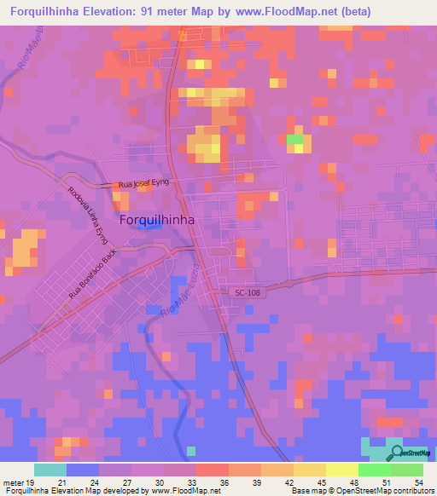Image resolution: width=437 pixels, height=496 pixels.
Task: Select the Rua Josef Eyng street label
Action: tap(144, 183)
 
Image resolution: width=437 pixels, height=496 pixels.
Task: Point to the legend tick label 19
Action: tap(34, 482)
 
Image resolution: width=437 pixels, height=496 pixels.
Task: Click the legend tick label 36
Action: tap(225, 482)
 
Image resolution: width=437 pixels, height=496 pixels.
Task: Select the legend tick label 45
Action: tap(323, 482)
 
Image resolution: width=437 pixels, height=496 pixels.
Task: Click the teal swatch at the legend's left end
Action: tap(50, 470)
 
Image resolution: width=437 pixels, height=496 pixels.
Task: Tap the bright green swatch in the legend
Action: tap(374, 470)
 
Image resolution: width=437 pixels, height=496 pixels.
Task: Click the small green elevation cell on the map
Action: tap(294, 139)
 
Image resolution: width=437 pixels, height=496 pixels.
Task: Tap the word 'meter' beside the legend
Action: tap(14, 482)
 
